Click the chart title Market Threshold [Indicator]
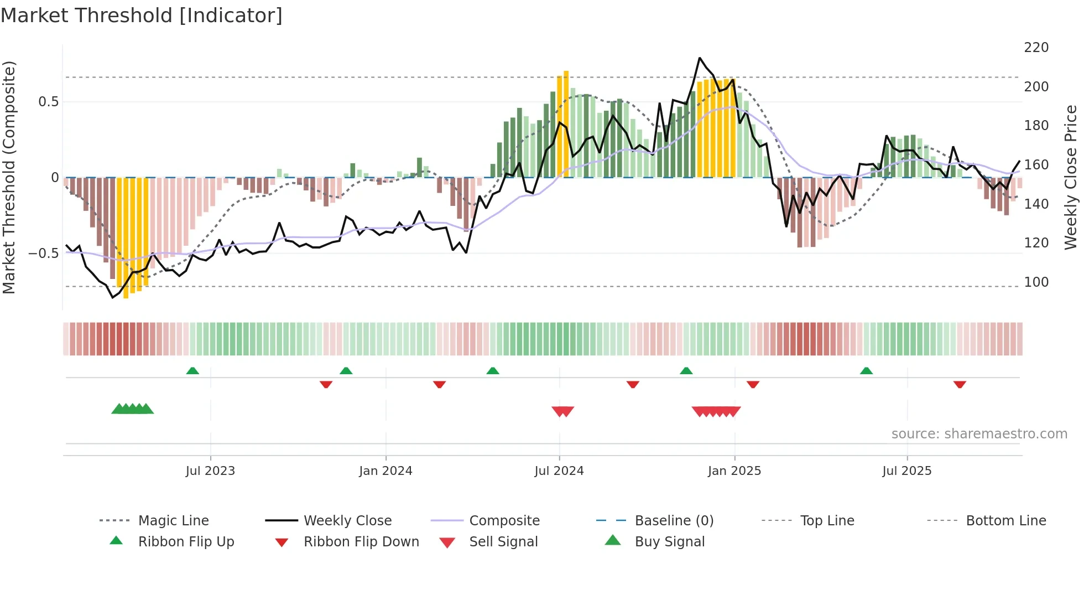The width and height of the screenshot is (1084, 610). click(142, 15)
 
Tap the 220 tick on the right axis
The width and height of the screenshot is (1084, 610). click(1036, 48)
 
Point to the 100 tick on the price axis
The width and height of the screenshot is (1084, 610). click(1036, 282)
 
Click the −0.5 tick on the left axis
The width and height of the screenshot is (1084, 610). click(43, 254)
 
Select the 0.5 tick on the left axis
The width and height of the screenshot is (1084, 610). click(48, 102)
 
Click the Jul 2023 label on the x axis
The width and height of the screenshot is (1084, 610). click(210, 471)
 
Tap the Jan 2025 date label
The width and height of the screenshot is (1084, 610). click(734, 471)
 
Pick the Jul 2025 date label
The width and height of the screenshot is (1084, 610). click(906, 471)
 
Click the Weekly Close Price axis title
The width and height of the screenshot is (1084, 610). click(1071, 177)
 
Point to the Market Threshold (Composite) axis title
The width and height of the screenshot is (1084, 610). click(9, 177)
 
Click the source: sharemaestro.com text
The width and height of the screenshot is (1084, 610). click(979, 434)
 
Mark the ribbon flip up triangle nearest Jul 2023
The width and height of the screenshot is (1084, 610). click(192, 371)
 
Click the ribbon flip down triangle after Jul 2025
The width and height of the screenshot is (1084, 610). click(960, 384)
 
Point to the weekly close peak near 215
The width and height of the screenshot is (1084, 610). click(700, 58)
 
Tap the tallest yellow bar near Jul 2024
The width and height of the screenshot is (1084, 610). click(566, 125)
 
